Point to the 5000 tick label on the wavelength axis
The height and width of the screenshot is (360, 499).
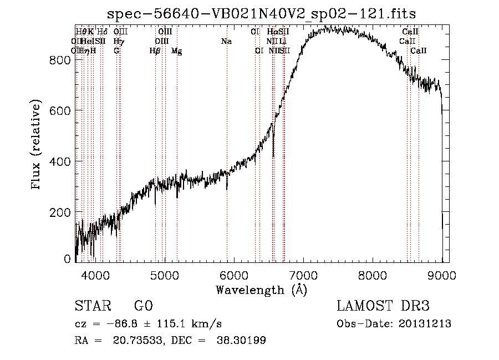(x=164, y=275)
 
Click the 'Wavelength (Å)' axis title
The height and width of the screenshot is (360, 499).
(x=261, y=289)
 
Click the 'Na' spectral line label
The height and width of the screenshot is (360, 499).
(x=226, y=42)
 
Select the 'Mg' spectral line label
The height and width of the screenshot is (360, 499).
(x=176, y=51)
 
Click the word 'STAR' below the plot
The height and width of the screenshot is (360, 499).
(x=93, y=306)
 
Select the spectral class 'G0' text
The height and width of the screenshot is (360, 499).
(x=143, y=306)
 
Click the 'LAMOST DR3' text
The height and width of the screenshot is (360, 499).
(x=383, y=306)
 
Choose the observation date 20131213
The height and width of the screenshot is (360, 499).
(x=427, y=324)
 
